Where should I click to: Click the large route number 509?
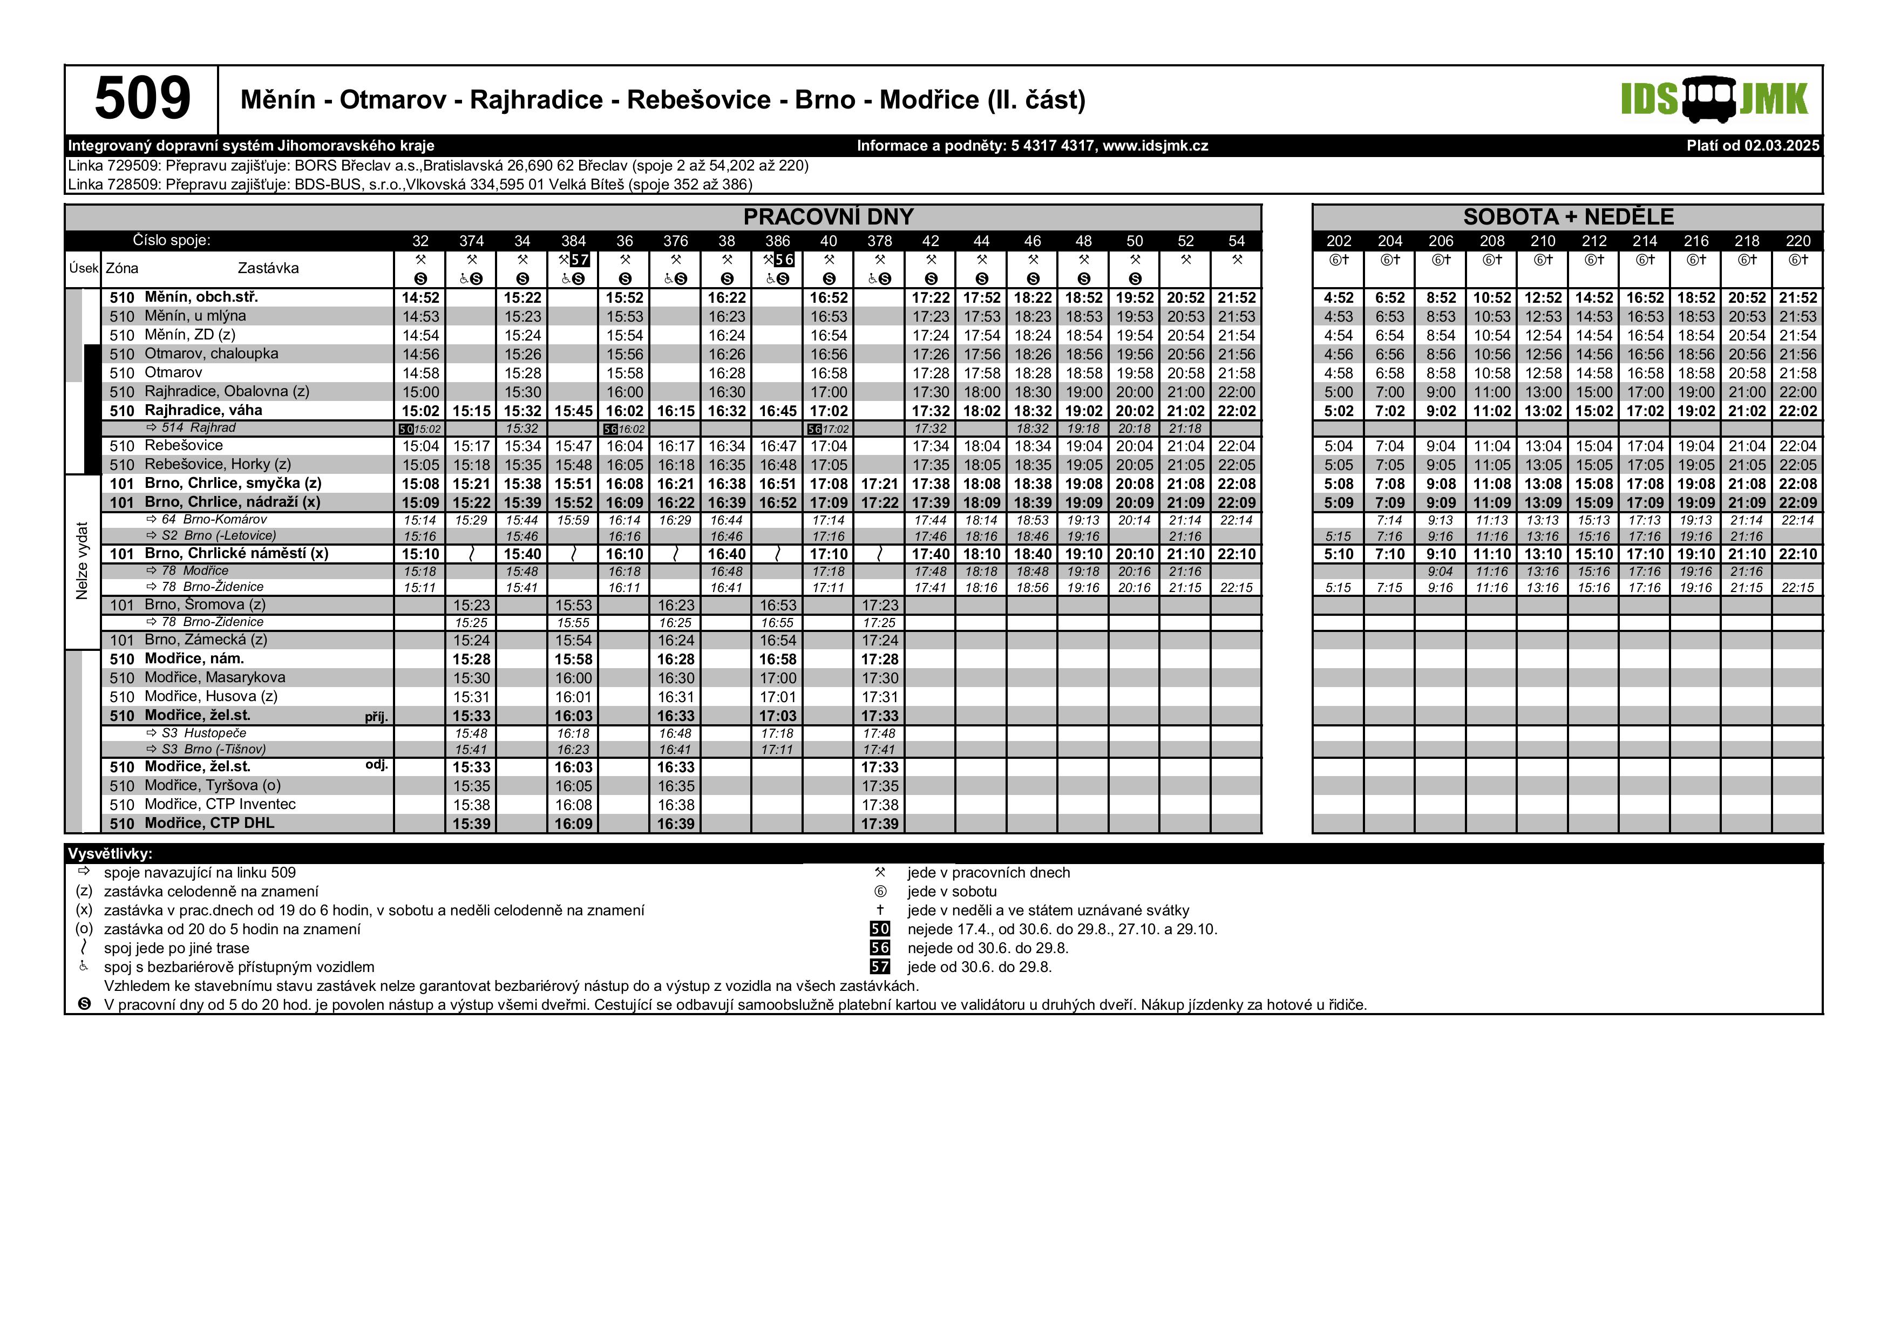(142, 99)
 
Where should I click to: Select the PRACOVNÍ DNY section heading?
(828, 217)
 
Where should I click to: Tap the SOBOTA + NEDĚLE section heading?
(1568, 217)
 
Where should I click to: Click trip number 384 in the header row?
(573, 241)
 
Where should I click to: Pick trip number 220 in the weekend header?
(1797, 241)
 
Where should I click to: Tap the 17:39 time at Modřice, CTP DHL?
(879, 824)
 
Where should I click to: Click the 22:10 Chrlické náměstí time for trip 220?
(1797, 554)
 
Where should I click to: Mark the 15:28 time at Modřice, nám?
(471, 659)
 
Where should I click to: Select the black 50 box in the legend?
(880, 929)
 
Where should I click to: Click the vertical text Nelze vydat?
(82, 561)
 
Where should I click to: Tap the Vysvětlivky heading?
(110, 854)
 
